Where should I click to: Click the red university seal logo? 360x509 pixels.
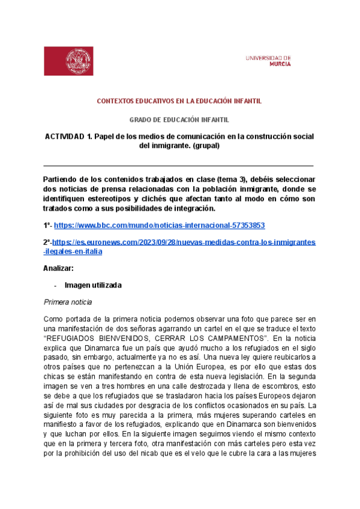(77, 61)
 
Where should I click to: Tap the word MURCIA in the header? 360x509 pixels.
(280, 63)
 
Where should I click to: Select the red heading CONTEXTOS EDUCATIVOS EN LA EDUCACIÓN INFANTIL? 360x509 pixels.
(179, 101)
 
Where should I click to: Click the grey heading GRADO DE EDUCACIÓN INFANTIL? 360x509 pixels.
(179, 120)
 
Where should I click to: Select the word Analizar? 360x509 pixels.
(59, 268)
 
